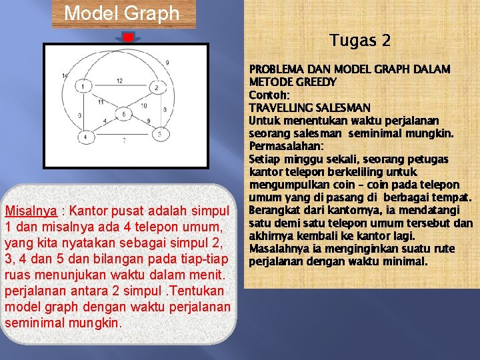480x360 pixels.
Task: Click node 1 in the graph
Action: coord(83,87)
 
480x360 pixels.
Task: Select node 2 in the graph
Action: coord(157,87)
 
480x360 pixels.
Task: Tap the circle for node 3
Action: coord(159,134)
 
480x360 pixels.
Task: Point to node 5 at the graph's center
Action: coord(123,115)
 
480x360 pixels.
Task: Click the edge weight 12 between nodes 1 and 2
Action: coord(119,81)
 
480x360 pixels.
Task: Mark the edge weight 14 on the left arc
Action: coord(64,76)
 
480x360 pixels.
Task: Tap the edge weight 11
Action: coord(101,102)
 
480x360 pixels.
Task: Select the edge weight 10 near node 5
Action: coord(144,106)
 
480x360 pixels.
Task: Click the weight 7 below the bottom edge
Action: coord(123,140)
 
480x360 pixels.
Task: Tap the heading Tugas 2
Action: coord(360,41)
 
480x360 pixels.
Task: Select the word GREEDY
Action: coord(313,82)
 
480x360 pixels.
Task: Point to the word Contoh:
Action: coord(268,95)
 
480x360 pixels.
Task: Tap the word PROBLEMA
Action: coord(275,69)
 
